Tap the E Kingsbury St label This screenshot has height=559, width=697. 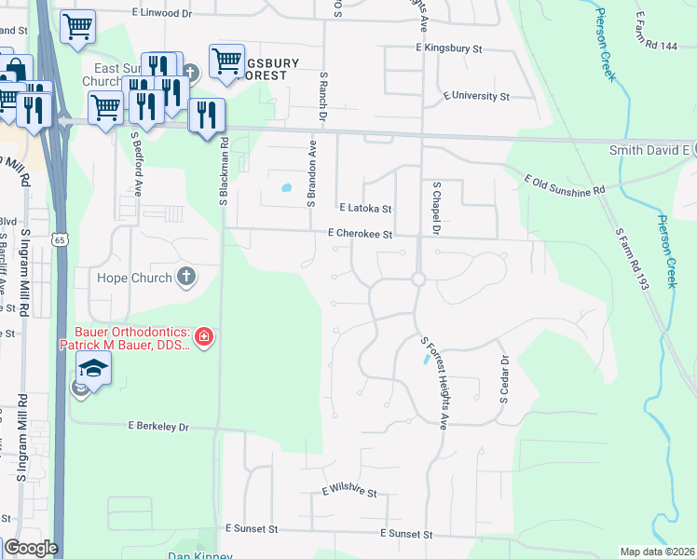(x=448, y=48)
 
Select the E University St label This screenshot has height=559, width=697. (x=476, y=96)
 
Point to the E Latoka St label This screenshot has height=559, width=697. (x=365, y=210)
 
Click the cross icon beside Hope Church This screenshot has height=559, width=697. (x=186, y=277)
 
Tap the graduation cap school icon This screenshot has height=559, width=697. (x=94, y=369)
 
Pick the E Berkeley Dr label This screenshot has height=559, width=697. (x=157, y=427)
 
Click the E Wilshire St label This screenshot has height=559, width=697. (x=348, y=492)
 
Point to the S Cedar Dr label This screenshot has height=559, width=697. (x=504, y=378)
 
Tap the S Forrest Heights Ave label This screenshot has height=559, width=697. (x=433, y=383)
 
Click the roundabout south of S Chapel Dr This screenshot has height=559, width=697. (x=418, y=279)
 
